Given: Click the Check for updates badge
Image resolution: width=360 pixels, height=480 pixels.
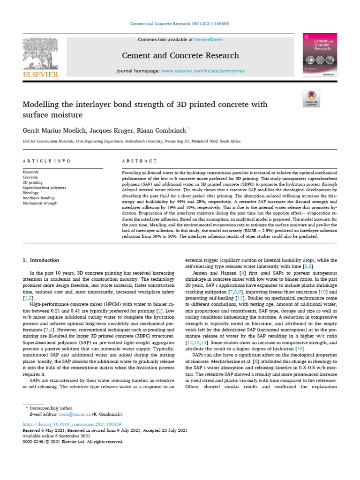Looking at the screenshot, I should pos(311,98).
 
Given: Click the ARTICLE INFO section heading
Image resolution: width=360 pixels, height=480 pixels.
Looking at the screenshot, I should pos(46,161).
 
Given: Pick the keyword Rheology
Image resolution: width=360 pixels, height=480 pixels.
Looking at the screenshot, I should pos(30,193).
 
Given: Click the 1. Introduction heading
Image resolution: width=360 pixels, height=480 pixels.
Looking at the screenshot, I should pos(41,260).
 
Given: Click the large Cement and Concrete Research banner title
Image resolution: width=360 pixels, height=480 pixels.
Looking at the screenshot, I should pos(180,56).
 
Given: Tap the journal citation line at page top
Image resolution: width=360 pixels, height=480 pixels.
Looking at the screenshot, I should pos(180,24).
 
